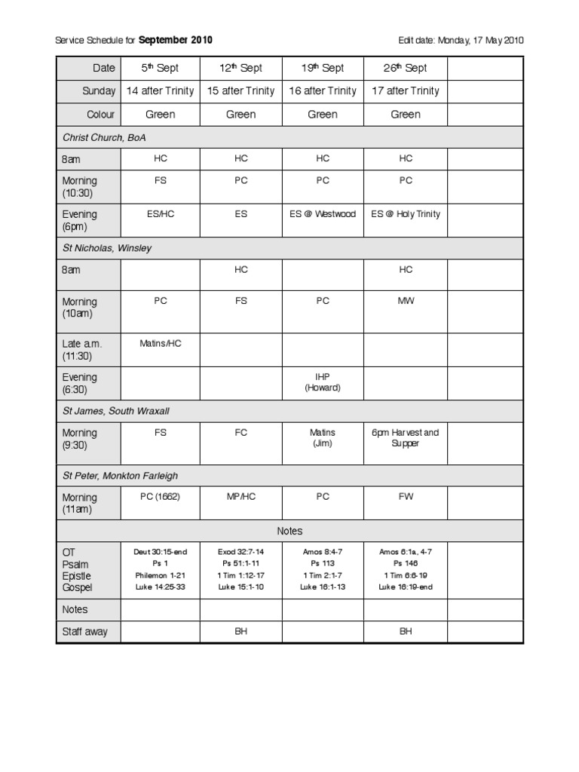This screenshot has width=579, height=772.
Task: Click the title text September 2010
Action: tap(175, 40)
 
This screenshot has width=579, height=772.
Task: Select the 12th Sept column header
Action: tap(240, 68)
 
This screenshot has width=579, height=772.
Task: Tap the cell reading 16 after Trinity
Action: tap(323, 91)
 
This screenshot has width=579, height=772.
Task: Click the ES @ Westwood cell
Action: tap(323, 214)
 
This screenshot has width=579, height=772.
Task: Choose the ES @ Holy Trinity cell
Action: tap(406, 214)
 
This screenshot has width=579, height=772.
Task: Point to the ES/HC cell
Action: tap(160, 214)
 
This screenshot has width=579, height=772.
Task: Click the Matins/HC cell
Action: tap(161, 343)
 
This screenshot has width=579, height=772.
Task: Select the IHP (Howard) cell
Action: tap(323, 382)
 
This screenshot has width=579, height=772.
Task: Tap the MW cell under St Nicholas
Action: tap(406, 301)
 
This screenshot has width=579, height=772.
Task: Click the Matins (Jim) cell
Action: tap(323, 438)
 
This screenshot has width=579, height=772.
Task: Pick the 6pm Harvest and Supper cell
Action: tap(406, 438)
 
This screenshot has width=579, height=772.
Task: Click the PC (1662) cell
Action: tap(160, 497)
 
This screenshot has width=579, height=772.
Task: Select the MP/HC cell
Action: tap(241, 497)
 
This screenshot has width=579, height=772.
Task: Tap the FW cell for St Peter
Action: tap(406, 497)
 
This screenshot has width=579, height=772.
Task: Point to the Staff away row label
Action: tap(85, 632)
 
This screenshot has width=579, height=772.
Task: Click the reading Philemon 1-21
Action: tap(160, 575)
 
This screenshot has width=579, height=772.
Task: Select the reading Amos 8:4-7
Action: tap(323, 552)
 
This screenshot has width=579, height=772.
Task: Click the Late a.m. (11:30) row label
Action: tap(82, 350)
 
